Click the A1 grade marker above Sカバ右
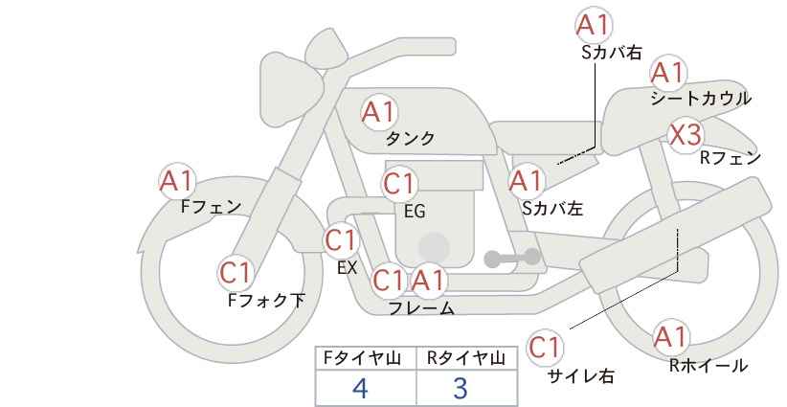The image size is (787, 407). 594,25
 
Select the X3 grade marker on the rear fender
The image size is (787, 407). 686,134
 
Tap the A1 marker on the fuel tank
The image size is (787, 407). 379,112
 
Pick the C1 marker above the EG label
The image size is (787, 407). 399,184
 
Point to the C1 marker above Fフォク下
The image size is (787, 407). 236,273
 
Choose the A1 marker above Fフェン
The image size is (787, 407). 177,181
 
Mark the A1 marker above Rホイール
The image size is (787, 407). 670,337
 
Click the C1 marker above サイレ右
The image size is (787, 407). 545,348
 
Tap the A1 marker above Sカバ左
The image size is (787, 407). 527,181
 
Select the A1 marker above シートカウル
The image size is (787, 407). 668,73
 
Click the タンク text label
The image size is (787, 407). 410,138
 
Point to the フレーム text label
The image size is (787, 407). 421,308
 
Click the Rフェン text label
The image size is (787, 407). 731,158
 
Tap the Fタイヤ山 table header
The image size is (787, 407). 362,358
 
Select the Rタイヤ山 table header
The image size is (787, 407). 466,358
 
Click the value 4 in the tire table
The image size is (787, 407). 361,388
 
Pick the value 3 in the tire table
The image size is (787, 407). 461,388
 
